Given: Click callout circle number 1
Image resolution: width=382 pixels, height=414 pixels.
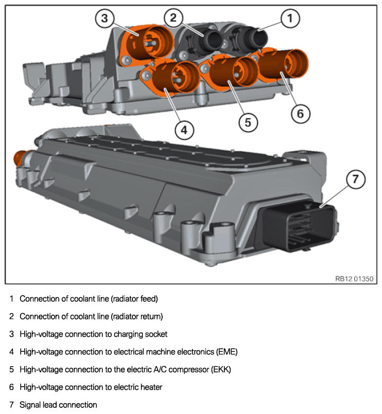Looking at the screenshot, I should pos(290,19).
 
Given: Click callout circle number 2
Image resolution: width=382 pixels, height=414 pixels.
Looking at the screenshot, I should pos(173,19).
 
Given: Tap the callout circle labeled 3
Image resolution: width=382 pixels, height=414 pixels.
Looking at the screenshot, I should pos(105,19).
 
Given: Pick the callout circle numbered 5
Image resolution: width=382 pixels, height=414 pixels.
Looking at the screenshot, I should pos(248,121).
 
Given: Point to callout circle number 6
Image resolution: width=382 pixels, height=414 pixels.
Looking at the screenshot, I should pos(301,113).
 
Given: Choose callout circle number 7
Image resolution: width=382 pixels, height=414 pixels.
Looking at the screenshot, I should pos(355,180).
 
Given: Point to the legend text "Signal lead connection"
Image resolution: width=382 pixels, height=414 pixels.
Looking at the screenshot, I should pos(58,405).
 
